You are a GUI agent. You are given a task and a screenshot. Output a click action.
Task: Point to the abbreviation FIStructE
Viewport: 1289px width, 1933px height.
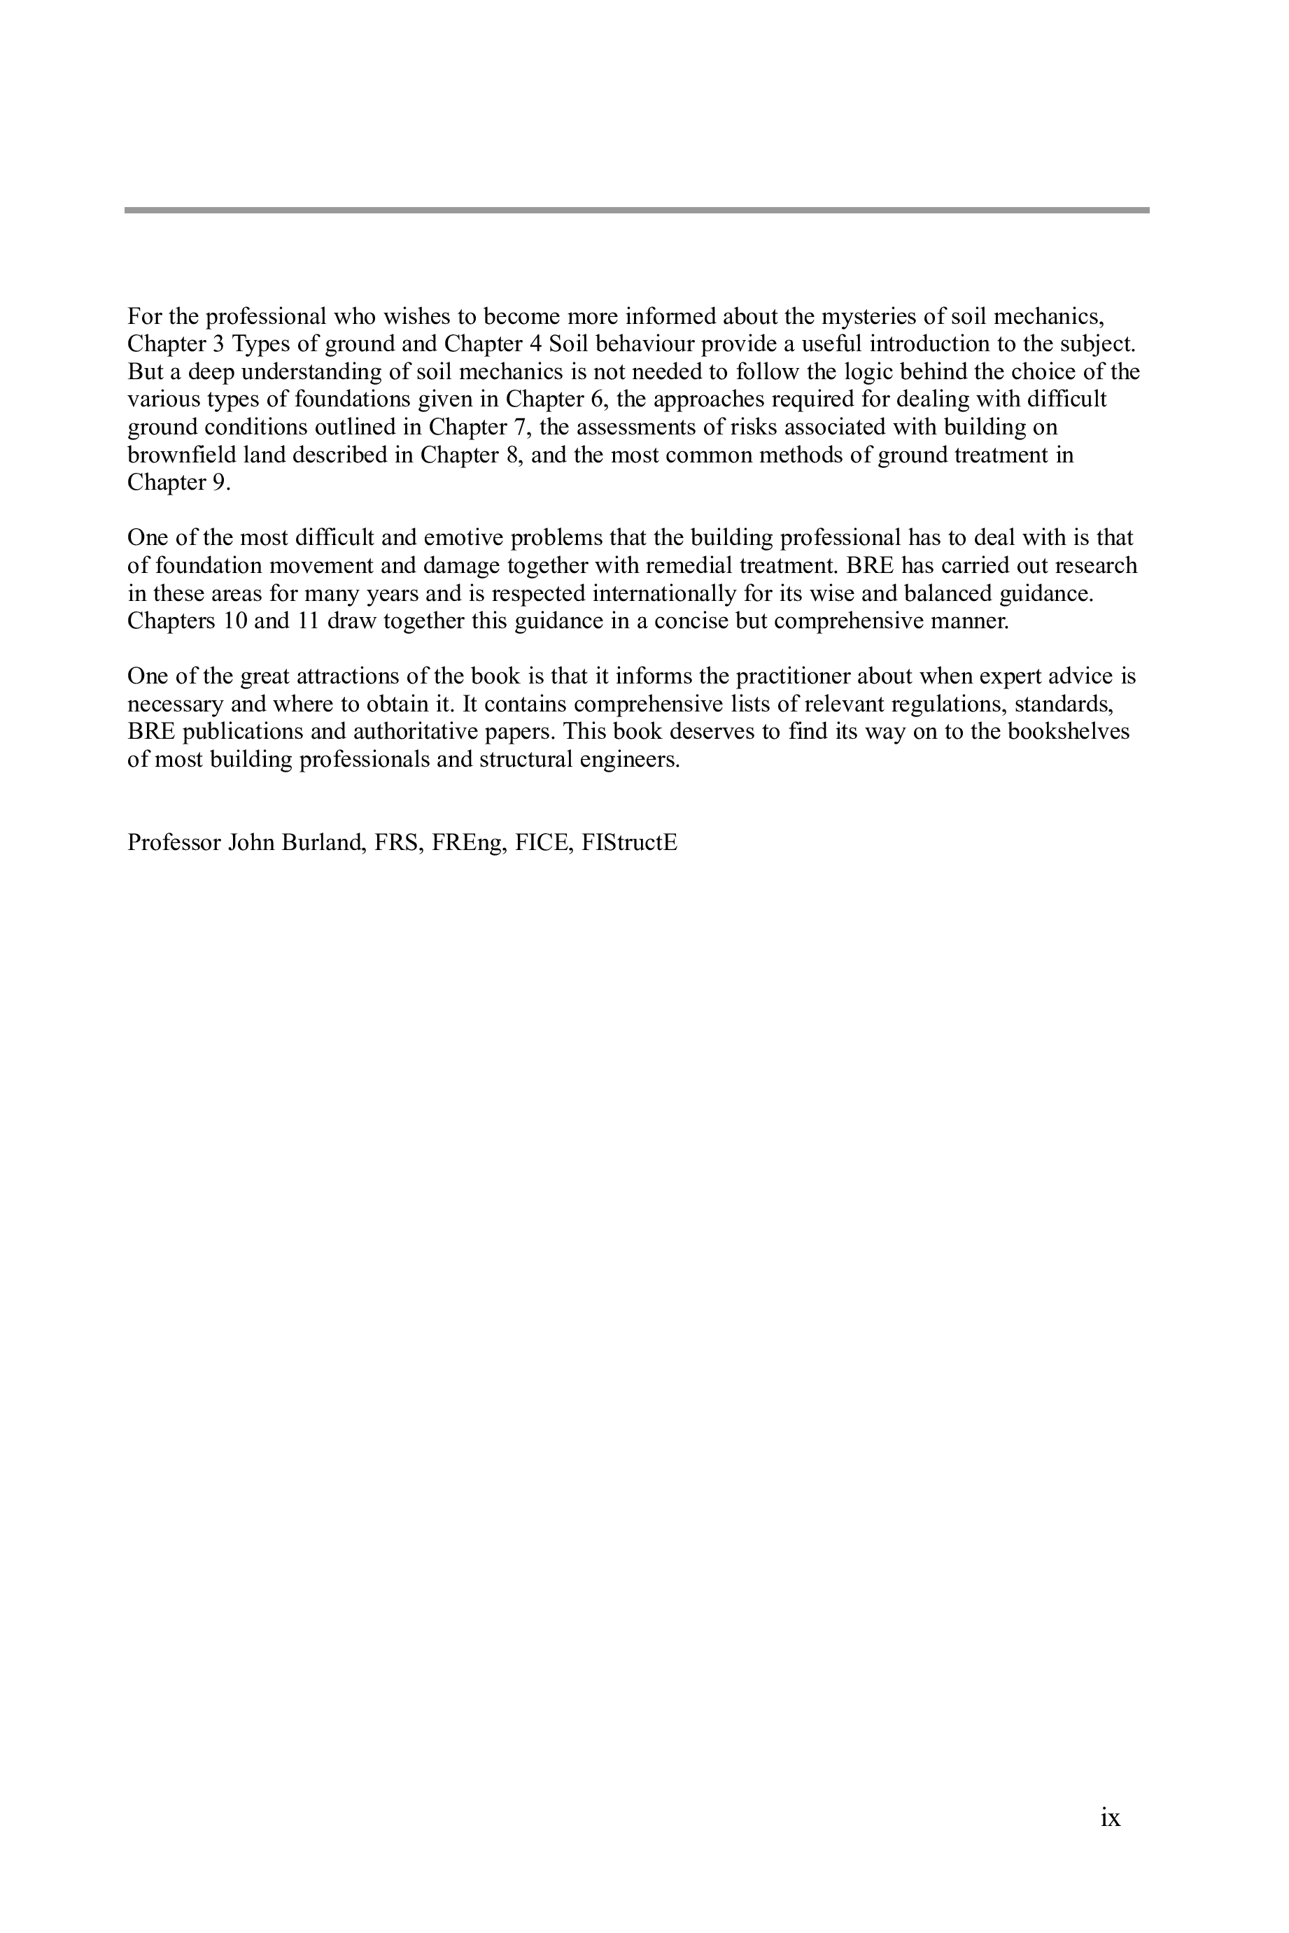(629, 842)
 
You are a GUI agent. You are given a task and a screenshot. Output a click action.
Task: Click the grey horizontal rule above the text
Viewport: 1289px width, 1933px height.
(636, 211)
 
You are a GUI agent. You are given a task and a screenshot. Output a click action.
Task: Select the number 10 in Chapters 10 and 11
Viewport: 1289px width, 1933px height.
(235, 621)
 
